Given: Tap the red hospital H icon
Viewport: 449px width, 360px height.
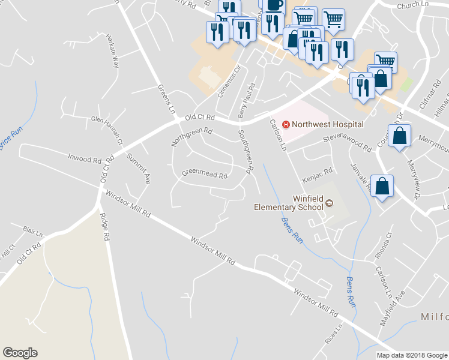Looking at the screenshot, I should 286,124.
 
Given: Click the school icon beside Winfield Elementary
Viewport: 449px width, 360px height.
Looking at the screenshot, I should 328,203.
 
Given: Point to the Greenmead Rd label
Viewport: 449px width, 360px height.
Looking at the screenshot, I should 205,176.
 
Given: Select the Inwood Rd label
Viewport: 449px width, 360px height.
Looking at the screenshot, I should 84,159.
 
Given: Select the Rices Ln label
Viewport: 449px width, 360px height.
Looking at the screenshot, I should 334,336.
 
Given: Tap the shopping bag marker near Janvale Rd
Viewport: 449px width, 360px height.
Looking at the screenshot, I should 382,187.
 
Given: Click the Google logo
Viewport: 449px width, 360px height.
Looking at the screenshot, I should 20,353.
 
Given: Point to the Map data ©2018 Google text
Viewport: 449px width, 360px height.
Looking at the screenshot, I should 411,355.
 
